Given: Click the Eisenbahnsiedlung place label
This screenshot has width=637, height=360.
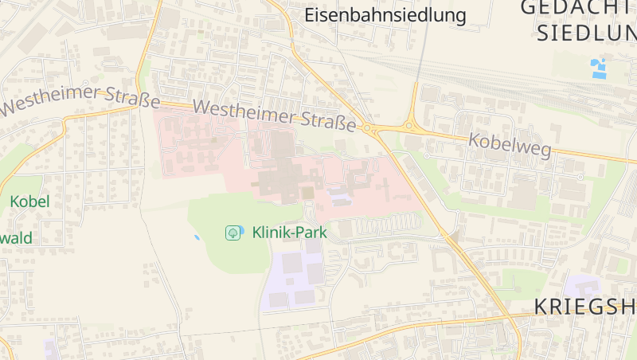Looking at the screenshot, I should tap(385, 14).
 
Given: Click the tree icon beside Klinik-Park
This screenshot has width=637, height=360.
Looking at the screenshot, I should tap(233, 233).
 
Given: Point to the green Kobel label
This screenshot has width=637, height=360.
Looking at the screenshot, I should tap(29, 202).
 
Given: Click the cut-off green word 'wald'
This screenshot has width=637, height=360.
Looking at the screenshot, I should tap(16, 237).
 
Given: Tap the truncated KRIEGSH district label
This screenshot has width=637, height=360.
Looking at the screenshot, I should tap(584, 307).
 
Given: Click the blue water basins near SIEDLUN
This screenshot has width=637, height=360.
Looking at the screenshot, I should tap(599, 68).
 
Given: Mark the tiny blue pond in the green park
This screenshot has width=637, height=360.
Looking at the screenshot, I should tap(197, 237).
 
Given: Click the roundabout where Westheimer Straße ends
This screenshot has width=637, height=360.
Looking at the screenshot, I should tap(370, 128).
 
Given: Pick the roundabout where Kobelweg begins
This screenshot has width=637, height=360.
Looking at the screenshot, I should tap(410, 125).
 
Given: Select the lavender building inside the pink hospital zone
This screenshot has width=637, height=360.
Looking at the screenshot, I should tap(339, 194).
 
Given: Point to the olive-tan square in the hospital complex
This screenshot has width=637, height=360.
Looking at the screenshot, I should tap(307, 193).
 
